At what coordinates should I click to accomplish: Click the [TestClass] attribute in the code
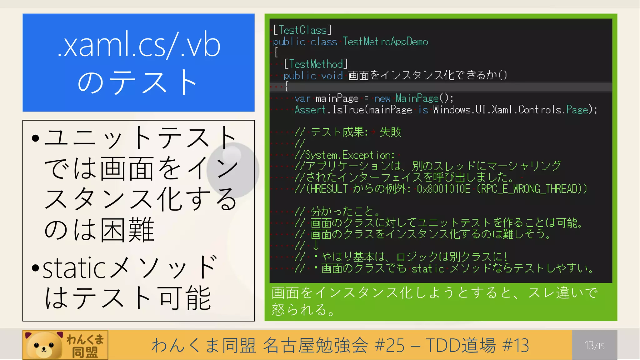[302, 30]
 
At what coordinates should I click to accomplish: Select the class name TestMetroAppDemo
[385, 42]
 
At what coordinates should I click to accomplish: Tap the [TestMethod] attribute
[316, 64]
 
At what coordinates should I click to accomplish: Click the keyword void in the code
[332, 76]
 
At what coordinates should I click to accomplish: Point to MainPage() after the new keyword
[424, 98]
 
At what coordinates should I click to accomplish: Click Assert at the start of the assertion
[310, 110]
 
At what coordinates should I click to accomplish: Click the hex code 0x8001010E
[443, 189]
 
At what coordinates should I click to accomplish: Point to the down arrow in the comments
[316, 245]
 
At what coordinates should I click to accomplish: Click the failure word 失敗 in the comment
[390, 132]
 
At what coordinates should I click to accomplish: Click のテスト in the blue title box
[137, 82]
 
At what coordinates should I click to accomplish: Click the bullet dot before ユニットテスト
[36, 138]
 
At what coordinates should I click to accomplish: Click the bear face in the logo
[44, 346]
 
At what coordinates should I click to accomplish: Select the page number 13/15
[594, 345]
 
